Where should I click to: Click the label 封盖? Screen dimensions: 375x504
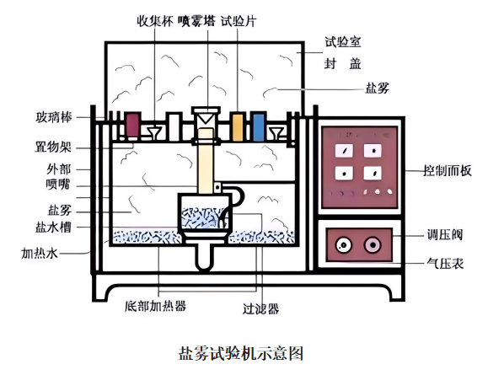click(x=343, y=63)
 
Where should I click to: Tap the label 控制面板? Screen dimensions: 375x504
click(x=448, y=170)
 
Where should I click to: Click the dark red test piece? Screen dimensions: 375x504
click(x=132, y=126)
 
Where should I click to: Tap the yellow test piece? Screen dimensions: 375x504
click(x=238, y=126)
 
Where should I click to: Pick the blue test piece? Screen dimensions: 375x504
click(x=259, y=126)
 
